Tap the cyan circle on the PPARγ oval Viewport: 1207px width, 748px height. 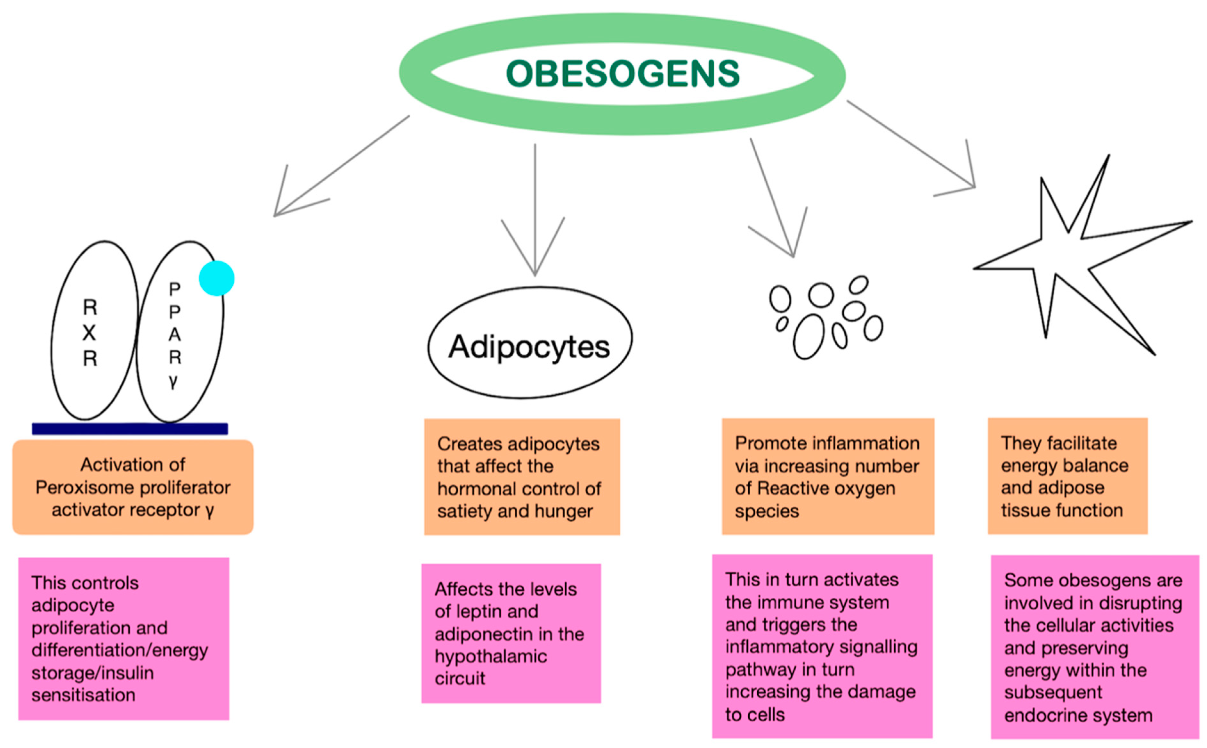click(216, 278)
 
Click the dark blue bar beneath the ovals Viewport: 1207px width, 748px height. click(130, 428)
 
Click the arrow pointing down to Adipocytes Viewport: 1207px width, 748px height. click(535, 208)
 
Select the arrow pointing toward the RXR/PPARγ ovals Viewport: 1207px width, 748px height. click(341, 166)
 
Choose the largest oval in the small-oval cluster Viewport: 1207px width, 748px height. click(809, 336)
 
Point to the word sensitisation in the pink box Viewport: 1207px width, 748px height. click(83, 695)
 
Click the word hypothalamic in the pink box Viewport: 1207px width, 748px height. click(490, 656)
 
